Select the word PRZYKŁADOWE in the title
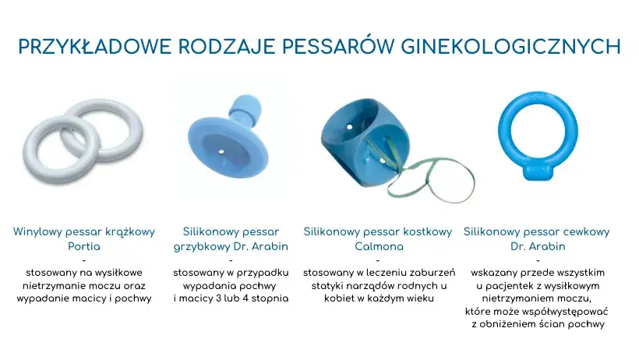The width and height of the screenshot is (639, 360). tap(92, 47)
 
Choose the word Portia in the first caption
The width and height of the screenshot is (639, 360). tap(84, 246)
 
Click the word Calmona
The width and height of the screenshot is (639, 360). tap(378, 246)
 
